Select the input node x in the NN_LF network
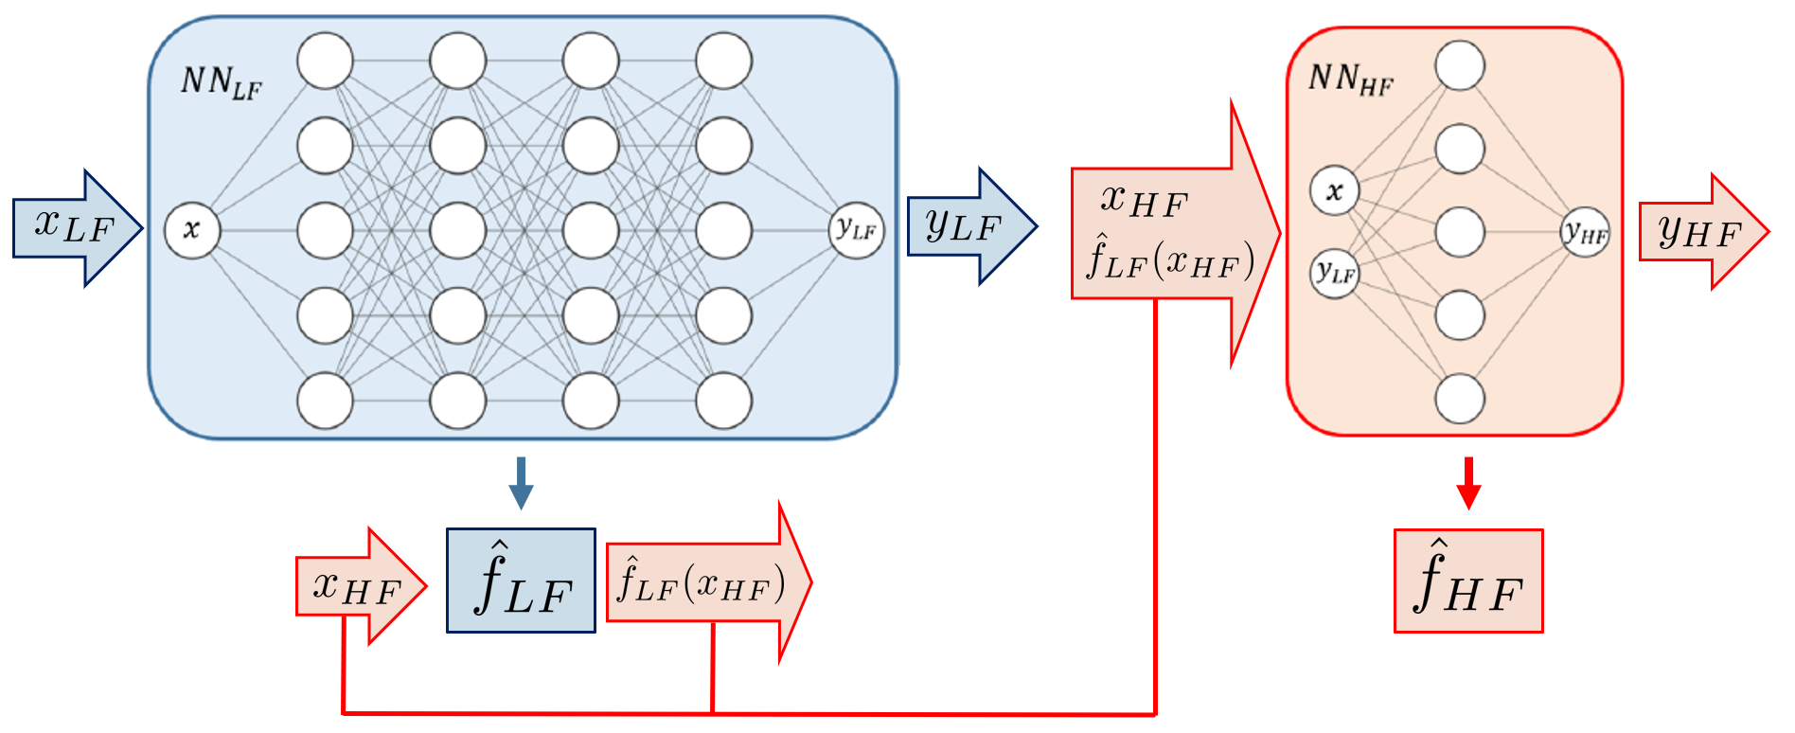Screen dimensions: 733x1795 (x=192, y=229)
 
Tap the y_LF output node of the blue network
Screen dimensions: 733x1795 (x=857, y=229)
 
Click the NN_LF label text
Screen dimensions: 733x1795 (x=221, y=82)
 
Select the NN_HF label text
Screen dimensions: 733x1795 (x=1350, y=80)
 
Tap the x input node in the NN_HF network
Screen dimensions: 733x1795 (x=1334, y=191)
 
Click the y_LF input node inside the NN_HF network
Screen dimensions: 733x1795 (x=1334, y=274)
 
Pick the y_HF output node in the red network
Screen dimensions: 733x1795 (x=1585, y=233)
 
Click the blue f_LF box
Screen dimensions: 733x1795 (x=521, y=581)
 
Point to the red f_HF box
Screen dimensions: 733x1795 (x=1468, y=581)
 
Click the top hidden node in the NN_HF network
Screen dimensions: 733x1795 (x=1460, y=65)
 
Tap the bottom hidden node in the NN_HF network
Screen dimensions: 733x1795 (x=1460, y=399)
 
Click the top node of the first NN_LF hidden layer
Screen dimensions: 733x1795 (x=325, y=61)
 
